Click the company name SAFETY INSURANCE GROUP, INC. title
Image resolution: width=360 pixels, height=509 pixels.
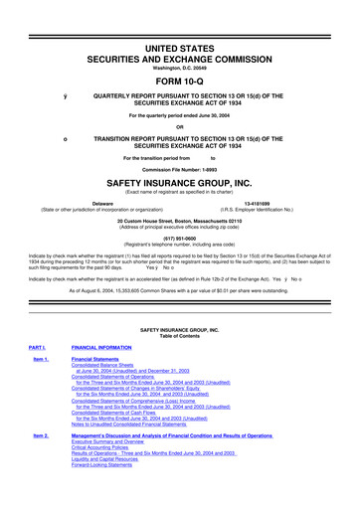[x=181, y=184]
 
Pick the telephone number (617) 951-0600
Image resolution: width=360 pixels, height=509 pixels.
[x=181, y=237]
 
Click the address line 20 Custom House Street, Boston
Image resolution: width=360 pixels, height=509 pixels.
[x=181, y=219]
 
